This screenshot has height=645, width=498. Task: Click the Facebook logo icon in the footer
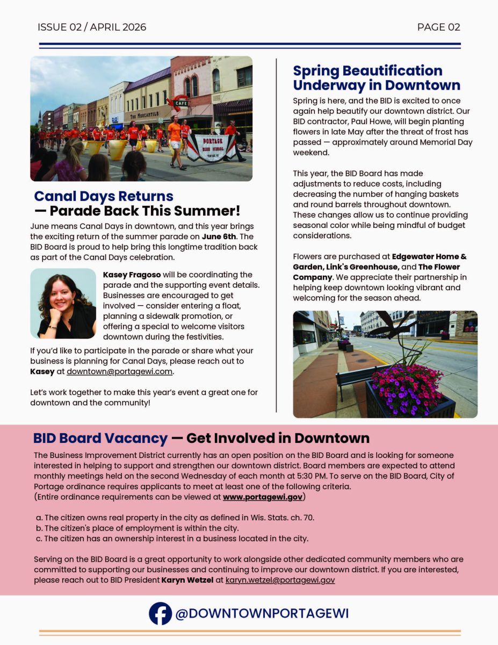160,613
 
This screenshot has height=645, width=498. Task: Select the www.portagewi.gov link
263,497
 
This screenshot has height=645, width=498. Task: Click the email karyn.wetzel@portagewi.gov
280,580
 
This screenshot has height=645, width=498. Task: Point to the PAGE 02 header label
438,27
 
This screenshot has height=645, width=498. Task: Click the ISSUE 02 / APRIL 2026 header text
92,27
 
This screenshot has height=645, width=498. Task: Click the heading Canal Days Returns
104,196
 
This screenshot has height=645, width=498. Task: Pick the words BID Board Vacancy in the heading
100,438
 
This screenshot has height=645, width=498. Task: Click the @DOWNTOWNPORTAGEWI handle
262,613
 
